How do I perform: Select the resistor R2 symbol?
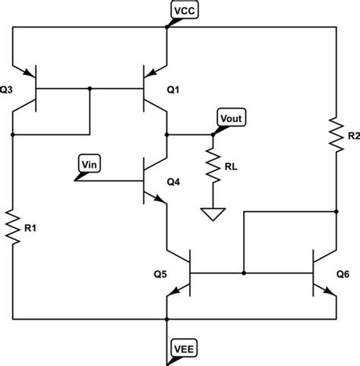click(x=335, y=134)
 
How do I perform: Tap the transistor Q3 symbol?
click(x=29, y=89)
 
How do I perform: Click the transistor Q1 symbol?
click(x=151, y=89)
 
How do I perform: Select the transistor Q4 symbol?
click(x=151, y=181)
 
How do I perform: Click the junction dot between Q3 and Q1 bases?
click(x=90, y=89)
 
